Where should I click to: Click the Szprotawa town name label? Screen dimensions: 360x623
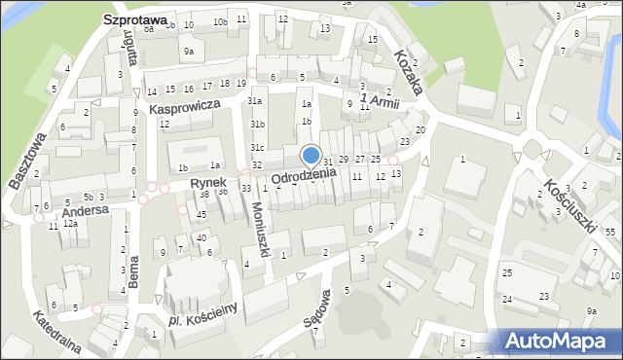pyautogui.click(x=134, y=18)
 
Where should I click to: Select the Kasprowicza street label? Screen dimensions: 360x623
pyautogui.click(x=183, y=110)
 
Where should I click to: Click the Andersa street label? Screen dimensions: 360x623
pyautogui.click(x=82, y=210)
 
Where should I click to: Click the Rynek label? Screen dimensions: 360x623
pyautogui.click(x=208, y=182)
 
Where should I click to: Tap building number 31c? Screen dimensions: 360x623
pyautogui.click(x=256, y=147)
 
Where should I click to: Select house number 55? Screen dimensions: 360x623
pyautogui.click(x=610, y=232)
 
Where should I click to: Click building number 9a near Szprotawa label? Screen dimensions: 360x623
pyautogui.click(x=189, y=51)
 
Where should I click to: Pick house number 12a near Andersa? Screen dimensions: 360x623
pyautogui.click(x=70, y=224)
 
